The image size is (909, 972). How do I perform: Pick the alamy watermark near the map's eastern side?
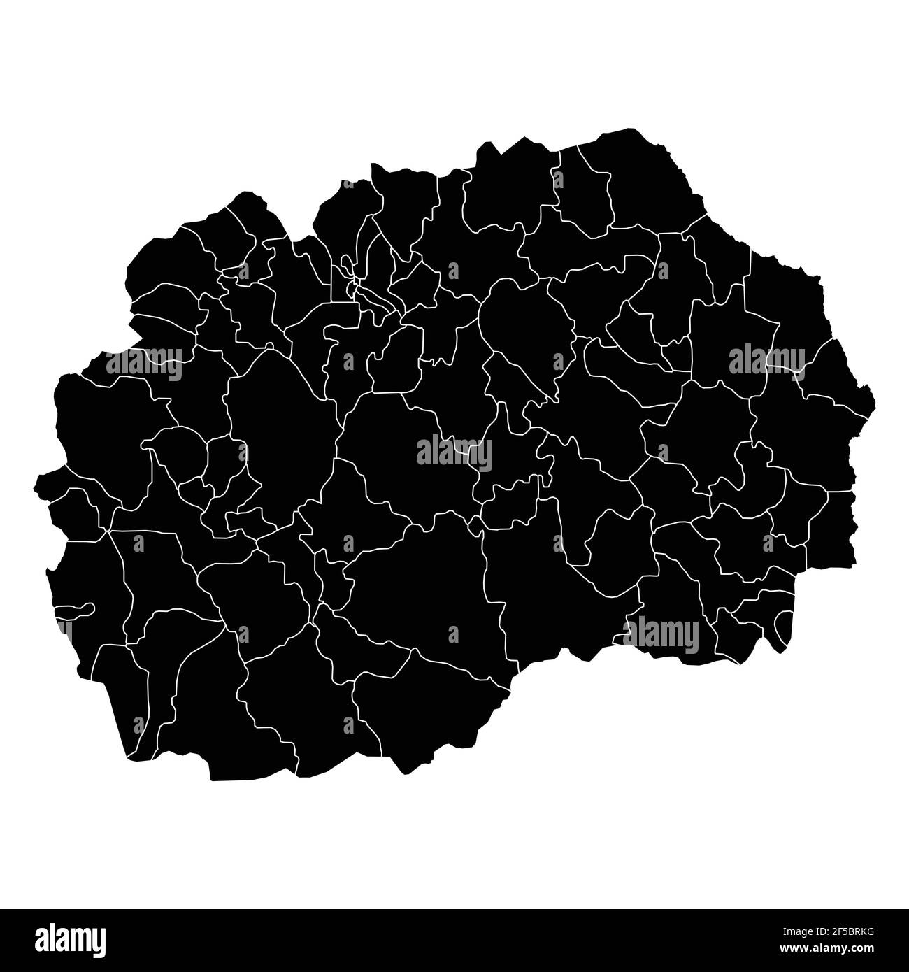pos(766,359)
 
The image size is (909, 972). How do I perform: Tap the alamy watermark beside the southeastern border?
pos(661,635)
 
